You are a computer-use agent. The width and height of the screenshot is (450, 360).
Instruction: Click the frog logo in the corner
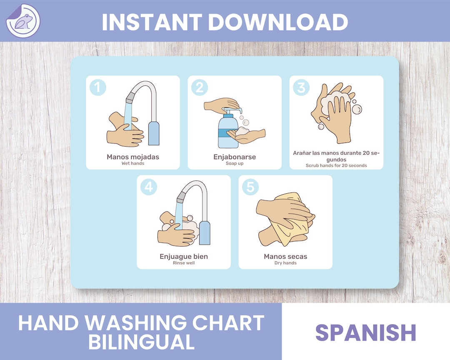(x=23, y=21)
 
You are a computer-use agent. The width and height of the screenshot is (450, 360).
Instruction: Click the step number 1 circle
(x=98, y=87)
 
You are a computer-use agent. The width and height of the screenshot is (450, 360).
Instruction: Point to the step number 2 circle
(x=200, y=87)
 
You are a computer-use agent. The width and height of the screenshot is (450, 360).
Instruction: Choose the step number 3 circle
(x=301, y=87)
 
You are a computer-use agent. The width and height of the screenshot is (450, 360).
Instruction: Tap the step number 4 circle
(x=149, y=187)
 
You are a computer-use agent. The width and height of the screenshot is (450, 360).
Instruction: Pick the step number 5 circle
(x=250, y=187)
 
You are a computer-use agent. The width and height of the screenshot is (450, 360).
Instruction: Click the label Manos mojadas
(x=133, y=157)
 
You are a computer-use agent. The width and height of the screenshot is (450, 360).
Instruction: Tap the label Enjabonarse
(x=235, y=157)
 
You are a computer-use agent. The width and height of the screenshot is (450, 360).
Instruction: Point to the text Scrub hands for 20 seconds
(x=336, y=165)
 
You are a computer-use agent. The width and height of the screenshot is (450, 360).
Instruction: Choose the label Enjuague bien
(x=184, y=256)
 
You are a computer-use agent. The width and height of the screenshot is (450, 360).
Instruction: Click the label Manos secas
(x=285, y=256)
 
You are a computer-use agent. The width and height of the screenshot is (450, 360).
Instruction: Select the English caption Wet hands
(x=133, y=163)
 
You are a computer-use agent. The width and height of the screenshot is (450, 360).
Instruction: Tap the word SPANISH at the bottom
(x=366, y=332)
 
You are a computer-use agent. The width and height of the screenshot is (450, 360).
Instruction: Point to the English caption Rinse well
(x=184, y=263)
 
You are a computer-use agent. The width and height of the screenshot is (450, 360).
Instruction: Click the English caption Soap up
(x=235, y=163)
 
